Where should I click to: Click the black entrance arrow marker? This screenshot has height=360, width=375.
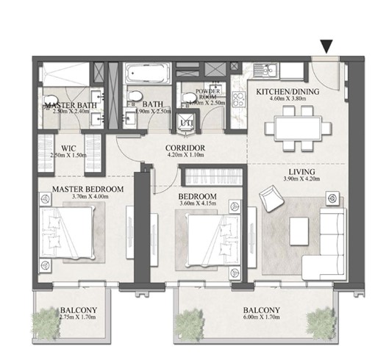pos(327,47)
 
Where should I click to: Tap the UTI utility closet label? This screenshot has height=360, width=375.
pos(186,123)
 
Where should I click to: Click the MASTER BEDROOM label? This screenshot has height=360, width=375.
pos(87,189)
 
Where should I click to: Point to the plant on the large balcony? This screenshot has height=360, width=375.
pos(320,320)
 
